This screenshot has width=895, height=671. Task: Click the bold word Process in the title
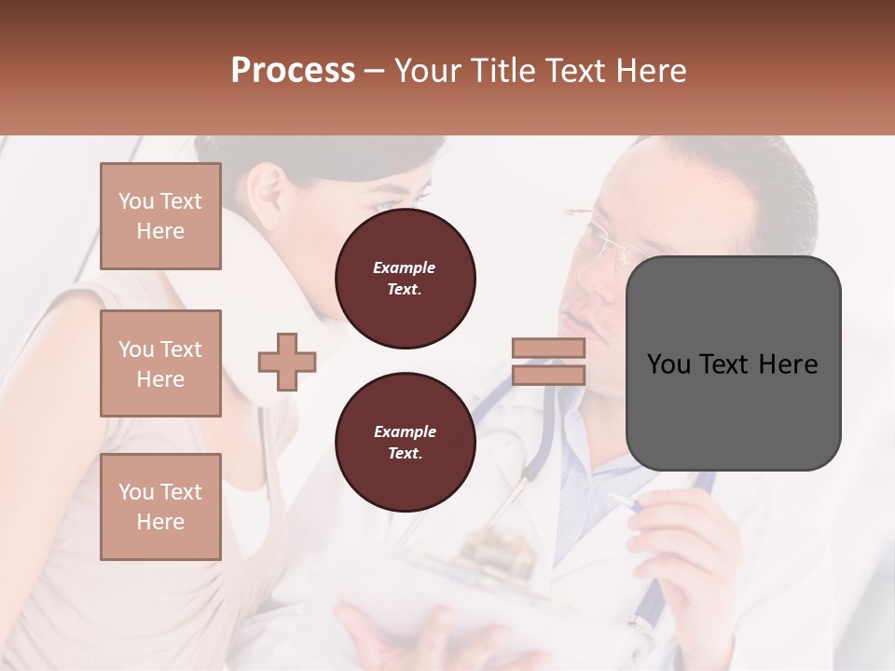tap(293, 71)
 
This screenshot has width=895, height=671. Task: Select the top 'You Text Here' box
tap(160, 216)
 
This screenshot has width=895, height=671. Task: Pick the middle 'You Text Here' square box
tap(160, 363)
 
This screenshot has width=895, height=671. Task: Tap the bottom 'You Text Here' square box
tap(160, 507)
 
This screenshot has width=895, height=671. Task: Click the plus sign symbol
tap(286, 363)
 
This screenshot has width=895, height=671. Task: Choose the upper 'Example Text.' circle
tap(405, 279)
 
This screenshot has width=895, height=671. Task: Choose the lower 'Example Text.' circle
tap(405, 443)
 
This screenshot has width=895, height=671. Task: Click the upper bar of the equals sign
tap(548, 349)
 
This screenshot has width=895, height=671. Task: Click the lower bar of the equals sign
tap(548, 376)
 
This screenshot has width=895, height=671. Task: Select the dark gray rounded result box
tap(733, 363)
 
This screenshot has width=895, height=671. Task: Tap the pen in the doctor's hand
tap(623, 503)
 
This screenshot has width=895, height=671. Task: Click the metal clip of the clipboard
tap(503, 550)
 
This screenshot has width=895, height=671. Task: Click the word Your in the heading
tap(429, 71)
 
